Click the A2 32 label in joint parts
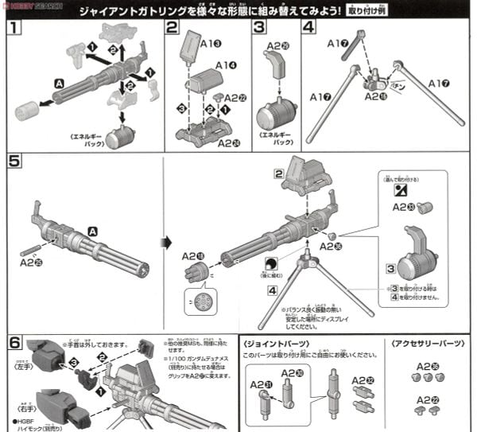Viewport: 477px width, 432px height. [x=361, y=381]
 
